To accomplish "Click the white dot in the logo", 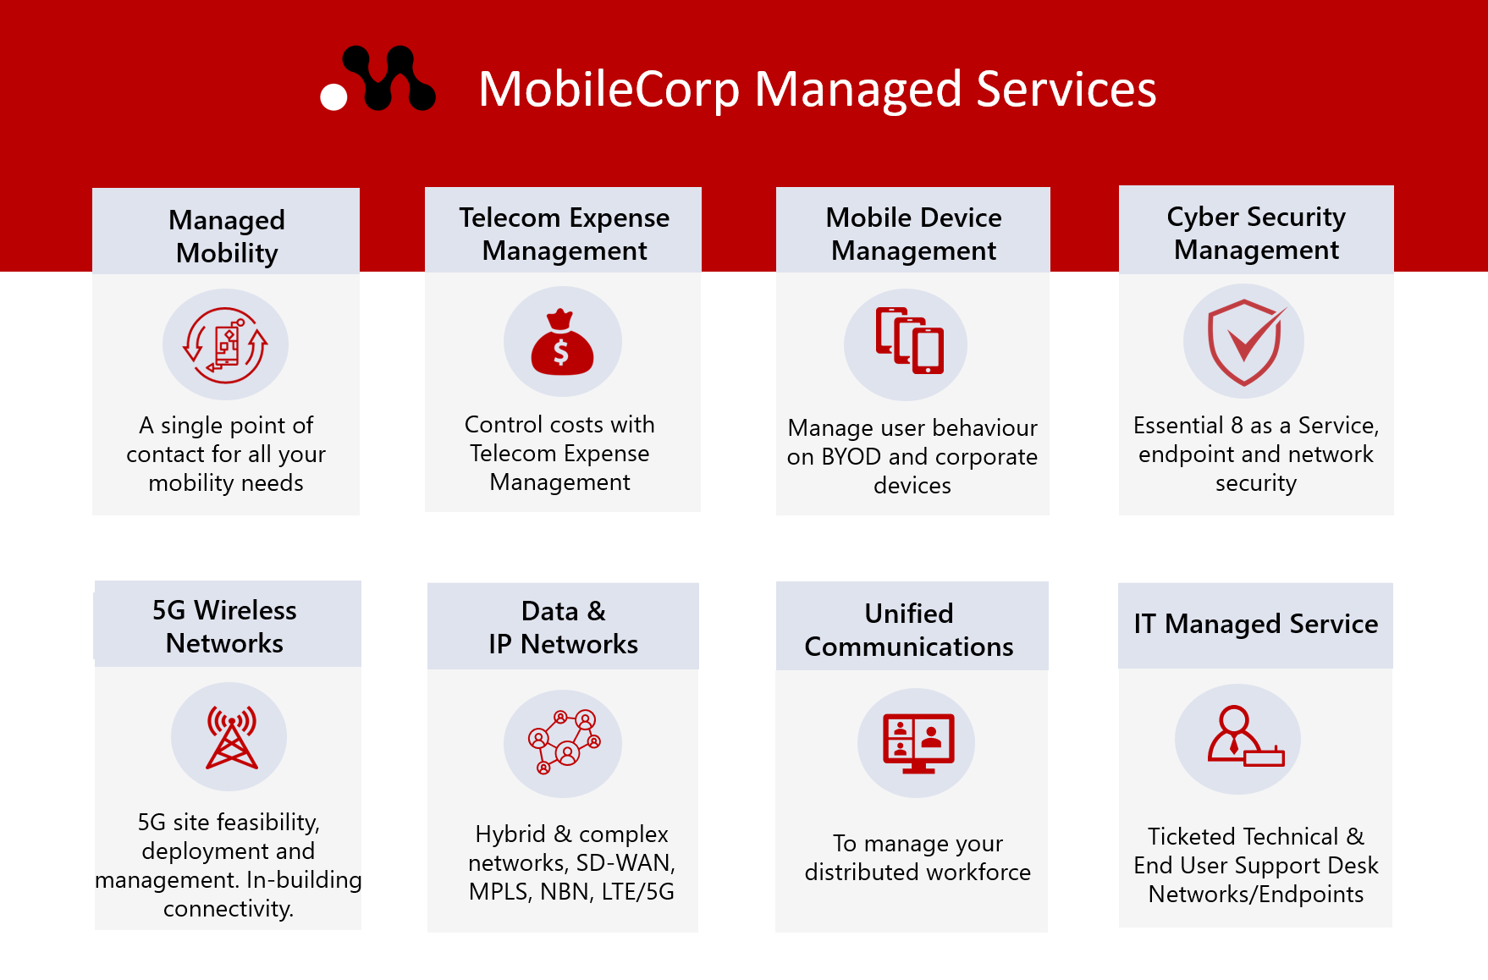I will coord(333,96).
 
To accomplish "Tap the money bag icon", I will coord(562,343).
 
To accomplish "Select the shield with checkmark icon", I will coord(1243,342).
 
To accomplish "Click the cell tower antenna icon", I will coord(230,737).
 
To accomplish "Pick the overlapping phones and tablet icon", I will coord(909,341).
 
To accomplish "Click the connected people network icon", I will coord(564,742).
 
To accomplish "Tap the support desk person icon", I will coord(1241,737).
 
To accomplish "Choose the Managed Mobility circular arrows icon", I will coord(225,344).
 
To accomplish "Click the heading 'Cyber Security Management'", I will coord(1256,233).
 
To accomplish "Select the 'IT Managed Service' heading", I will coord(1256,624).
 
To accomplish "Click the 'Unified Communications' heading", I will coord(909,630).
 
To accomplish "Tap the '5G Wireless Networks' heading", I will coord(224,626).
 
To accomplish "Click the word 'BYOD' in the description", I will coord(851,457).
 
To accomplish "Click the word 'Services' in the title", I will coord(1066,89).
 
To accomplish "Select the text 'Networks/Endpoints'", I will coord(1256,895).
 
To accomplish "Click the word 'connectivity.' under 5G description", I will coord(229,909).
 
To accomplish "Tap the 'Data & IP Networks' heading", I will coord(563,627).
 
